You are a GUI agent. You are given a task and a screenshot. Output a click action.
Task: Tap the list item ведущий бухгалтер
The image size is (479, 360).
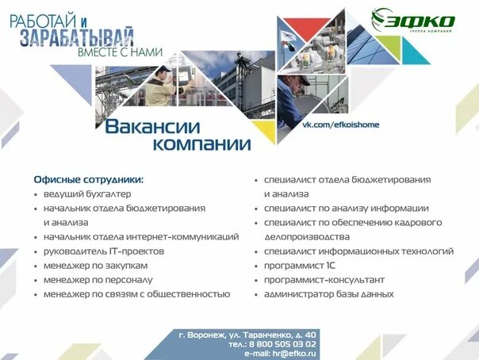87,193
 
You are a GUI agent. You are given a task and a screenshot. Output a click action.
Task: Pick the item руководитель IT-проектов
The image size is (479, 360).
104,251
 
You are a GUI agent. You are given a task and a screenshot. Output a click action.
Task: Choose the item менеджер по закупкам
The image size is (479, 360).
96,265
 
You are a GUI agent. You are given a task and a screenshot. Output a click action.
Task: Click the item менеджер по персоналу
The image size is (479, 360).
98,279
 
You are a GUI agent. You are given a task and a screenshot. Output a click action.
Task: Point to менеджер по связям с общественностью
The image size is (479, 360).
136,293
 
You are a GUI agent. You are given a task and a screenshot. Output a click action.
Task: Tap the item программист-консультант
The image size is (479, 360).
324,279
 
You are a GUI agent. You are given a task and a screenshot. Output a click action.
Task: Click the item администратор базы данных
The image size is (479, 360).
328,293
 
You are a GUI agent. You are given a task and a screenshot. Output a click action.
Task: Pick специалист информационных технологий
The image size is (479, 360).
358,251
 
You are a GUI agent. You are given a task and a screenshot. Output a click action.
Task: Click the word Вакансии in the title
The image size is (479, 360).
152,127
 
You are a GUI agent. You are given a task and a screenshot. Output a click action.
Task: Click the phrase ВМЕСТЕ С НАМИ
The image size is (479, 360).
120,52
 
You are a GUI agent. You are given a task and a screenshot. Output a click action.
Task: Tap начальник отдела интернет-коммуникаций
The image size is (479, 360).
141,236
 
